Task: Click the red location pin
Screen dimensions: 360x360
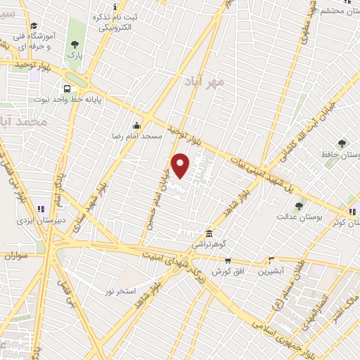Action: pyautogui.click(x=181, y=165)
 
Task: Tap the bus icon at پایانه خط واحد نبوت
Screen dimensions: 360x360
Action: pyautogui.click(x=67, y=89)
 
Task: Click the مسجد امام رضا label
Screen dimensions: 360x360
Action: pyautogui.click(x=136, y=134)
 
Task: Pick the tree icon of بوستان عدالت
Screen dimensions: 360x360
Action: pyautogui.click(x=299, y=206)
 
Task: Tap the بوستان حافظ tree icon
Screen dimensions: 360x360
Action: pyautogui.click(x=342, y=143)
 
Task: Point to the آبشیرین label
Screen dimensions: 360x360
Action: pyautogui.click(x=270, y=270)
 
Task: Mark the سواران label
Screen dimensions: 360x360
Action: pyautogui.click(x=14, y=257)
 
